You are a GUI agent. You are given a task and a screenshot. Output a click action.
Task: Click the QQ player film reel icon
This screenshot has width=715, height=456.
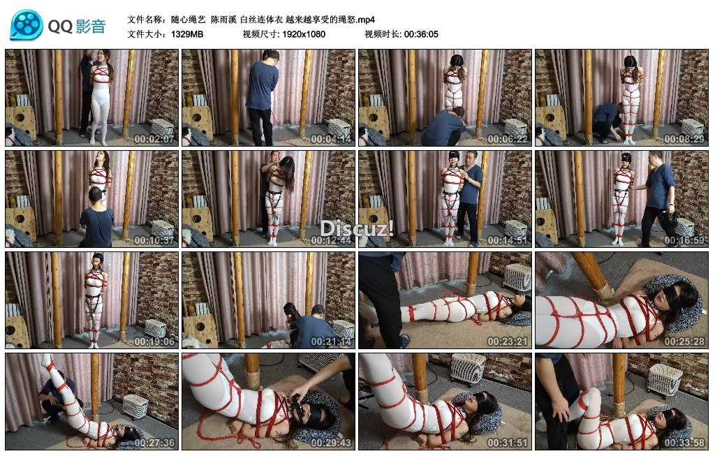27,25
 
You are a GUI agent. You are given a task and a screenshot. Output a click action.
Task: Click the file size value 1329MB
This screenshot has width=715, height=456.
187,34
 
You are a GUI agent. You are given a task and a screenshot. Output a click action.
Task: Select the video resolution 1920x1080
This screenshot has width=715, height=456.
304,34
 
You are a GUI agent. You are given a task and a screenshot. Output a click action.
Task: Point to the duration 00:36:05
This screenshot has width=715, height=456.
421,34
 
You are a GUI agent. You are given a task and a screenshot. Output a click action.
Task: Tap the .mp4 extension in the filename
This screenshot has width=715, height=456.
366,20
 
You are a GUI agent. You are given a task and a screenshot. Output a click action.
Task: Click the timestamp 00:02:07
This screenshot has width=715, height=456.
154,139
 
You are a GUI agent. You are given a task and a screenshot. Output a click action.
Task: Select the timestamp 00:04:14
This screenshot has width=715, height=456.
331,139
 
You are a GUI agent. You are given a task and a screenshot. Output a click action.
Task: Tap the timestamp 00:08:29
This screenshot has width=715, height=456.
684,139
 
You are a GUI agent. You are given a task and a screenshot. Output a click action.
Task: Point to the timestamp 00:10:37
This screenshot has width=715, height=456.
154,240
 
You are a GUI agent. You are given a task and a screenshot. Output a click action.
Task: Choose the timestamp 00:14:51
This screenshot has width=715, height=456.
507,240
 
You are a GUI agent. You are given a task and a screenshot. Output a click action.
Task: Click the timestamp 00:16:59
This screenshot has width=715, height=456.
684,240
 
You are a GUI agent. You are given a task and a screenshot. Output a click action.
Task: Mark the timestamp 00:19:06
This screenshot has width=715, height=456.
154,341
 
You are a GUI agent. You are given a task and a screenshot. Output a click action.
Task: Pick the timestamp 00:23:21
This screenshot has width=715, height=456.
507,341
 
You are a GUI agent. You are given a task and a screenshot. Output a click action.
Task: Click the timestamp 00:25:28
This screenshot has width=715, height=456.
684,341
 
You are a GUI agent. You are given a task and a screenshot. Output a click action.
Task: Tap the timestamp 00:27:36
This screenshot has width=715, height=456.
154,442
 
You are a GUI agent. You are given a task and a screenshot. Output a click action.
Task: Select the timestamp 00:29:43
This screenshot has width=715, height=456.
331,442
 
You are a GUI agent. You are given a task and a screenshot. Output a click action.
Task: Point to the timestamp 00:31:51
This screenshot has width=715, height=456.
507,442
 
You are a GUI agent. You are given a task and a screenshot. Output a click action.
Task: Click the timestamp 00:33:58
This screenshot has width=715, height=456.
684,442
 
